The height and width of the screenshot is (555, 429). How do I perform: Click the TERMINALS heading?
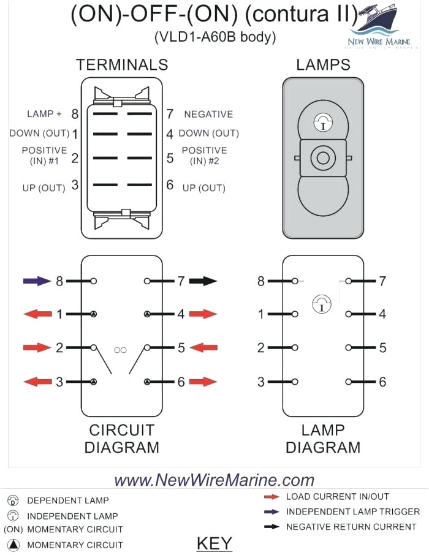pos(121,65)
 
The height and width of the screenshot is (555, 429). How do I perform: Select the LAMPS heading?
pos(323,65)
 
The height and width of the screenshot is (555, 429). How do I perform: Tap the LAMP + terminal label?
pos(44,114)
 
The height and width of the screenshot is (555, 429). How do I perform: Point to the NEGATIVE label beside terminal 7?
pos(208,114)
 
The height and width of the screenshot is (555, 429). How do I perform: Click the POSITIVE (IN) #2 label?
pos(204,156)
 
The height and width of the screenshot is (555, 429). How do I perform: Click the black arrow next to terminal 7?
pos(203,281)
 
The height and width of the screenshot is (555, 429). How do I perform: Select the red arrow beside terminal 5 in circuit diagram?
pos(203,348)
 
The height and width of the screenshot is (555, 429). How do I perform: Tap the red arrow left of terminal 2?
pos(37,348)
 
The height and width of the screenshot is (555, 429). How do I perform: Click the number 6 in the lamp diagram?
pos(382,382)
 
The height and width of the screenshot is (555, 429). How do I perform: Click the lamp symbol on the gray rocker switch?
pos(322,122)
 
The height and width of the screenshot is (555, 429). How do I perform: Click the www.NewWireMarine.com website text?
pos(214,480)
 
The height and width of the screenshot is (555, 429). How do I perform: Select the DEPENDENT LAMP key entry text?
pos(68,500)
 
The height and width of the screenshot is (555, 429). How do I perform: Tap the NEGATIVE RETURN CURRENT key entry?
pos(351,527)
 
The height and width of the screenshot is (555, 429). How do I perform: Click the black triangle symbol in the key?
pos(14,545)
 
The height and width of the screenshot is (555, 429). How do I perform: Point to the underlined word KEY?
pos(214,543)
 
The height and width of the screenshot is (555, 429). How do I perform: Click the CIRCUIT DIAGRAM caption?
pos(121,439)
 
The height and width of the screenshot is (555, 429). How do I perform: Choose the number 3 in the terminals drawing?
pos(75,185)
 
